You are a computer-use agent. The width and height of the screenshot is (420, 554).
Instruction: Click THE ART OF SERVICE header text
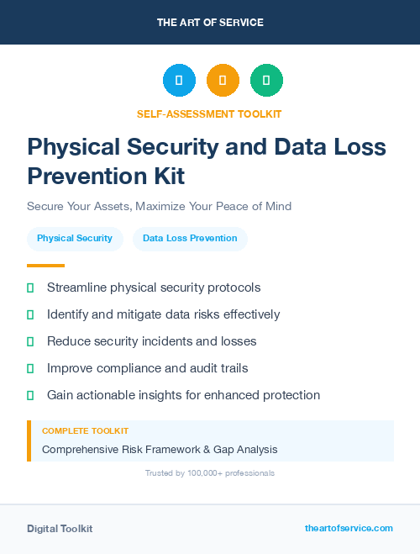(x=210, y=23)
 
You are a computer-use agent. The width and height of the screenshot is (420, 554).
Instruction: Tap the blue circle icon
(x=179, y=81)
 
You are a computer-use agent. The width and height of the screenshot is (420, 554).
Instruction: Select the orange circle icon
(x=223, y=81)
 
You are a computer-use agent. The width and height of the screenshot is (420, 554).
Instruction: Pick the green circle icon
(x=266, y=81)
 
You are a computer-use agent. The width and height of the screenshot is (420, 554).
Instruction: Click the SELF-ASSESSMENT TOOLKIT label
(x=209, y=113)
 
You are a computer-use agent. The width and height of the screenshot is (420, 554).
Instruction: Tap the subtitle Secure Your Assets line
(x=159, y=206)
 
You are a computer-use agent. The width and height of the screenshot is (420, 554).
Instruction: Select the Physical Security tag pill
(x=75, y=239)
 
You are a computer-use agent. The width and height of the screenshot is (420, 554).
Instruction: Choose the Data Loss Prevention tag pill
(x=190, y=239)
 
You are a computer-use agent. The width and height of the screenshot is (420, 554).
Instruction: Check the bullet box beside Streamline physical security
(x=30, y=288)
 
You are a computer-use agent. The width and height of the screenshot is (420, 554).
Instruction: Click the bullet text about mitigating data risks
(x=163, y=314)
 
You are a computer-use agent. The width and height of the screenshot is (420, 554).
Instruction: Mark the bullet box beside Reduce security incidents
(x=30, y=341)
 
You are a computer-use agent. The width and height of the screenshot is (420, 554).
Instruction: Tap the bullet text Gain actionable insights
(x=183, y=395)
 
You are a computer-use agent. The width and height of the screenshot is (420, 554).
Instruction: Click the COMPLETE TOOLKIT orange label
(x=85, y=431)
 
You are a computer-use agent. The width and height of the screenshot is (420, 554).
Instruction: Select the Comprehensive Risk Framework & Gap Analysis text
(x=160, y=450)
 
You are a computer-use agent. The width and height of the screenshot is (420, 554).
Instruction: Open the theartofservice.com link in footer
(x=349, y=528)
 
